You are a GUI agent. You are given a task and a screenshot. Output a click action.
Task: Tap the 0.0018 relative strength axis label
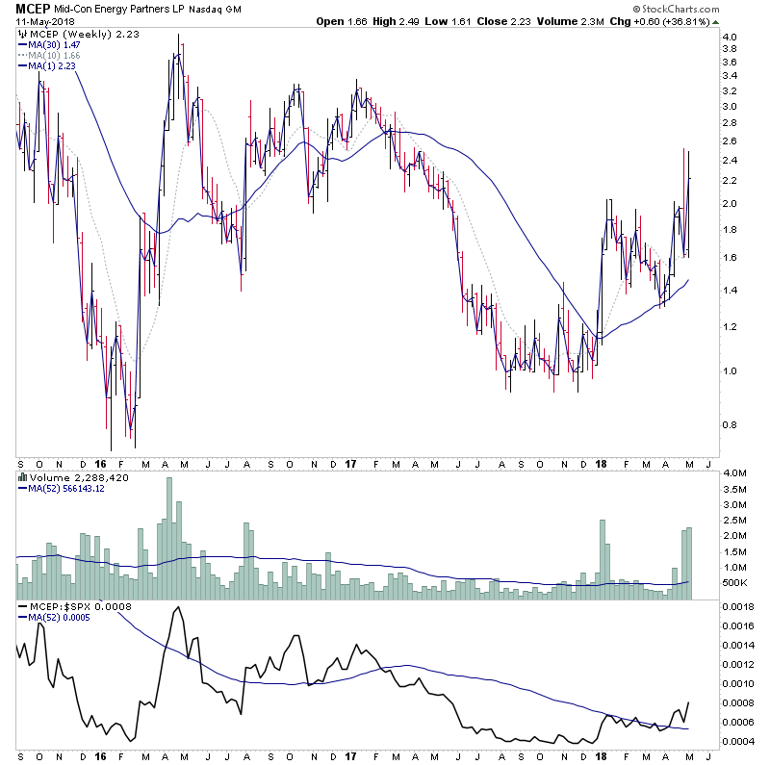pos(738,607)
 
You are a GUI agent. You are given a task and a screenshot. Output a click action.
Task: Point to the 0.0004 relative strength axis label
pos(738,741)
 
